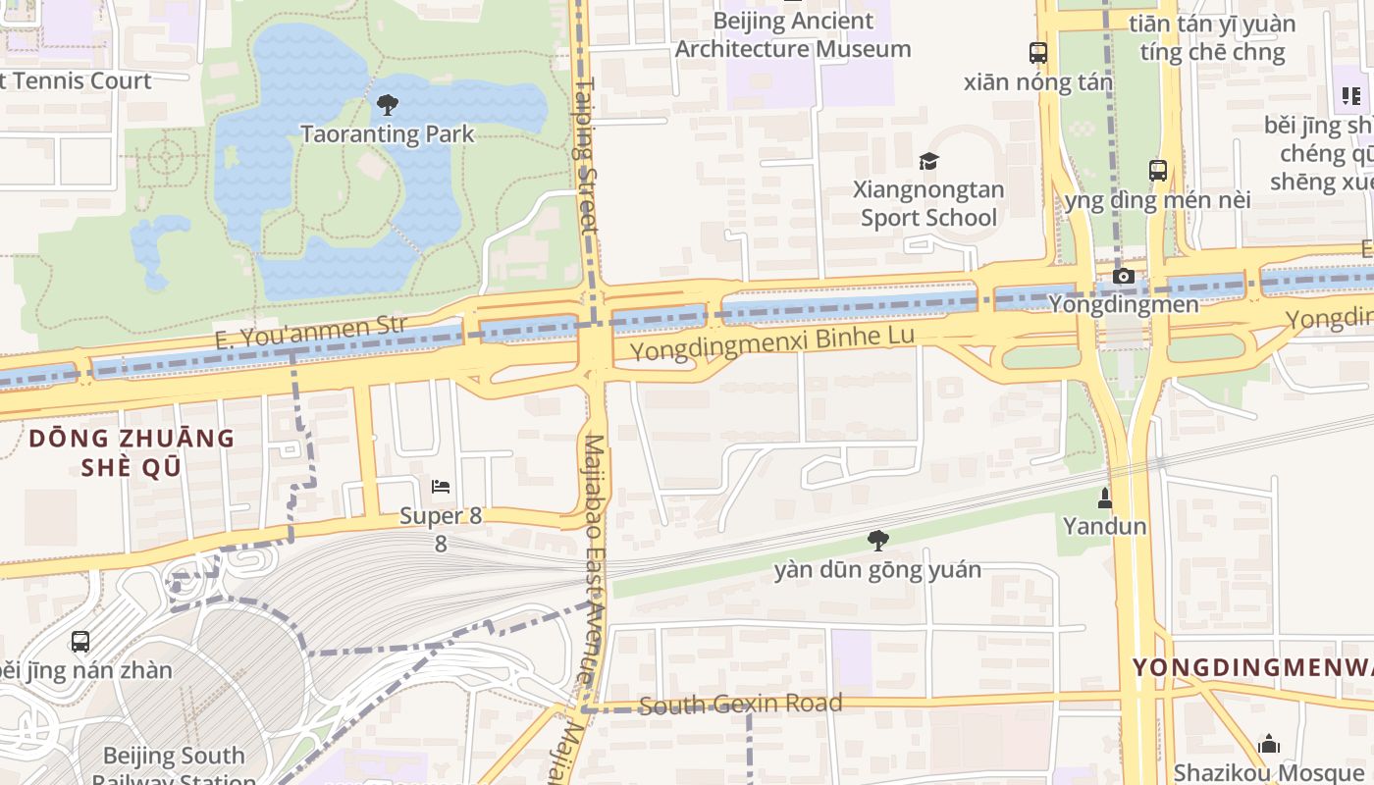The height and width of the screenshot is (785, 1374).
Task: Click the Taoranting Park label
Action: [x=387, y=133]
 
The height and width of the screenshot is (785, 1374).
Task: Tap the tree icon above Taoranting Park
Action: [x=388, y=103]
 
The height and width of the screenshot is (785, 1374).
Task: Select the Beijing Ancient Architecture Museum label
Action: [x=793, y=34]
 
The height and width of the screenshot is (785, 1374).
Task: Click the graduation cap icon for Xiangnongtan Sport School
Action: [x=928, y=161]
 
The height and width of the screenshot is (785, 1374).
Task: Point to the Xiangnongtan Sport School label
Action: [x=928, y=203]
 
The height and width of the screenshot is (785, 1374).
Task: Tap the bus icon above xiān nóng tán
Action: [x=1037, y=52]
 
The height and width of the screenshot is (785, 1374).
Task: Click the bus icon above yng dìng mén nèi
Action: [x=1158, y=170]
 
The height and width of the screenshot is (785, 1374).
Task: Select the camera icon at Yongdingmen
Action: [x=1124, y=277]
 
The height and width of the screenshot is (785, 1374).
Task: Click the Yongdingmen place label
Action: [x=1124, y=304]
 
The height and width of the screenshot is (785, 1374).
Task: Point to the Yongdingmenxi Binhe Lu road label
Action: [x=771, y=342]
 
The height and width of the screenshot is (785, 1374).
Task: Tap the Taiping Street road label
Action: [x=586, y=157]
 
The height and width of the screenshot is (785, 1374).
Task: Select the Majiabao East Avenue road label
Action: [x=595, y=559]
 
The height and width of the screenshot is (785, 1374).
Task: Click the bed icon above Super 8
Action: [x=441, y=486]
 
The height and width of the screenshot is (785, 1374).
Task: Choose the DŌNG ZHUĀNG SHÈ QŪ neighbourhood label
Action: [x=132, y=452]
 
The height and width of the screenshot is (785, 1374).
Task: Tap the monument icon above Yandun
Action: [x=1104, y=497]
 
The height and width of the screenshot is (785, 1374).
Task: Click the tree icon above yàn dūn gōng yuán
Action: [x=877, y=540]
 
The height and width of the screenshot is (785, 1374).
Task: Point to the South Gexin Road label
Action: [x=740, y=704]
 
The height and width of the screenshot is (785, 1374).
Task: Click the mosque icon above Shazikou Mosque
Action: [x=1269, y=743]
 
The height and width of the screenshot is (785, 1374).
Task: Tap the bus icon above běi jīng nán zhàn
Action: [x=80, y=642]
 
